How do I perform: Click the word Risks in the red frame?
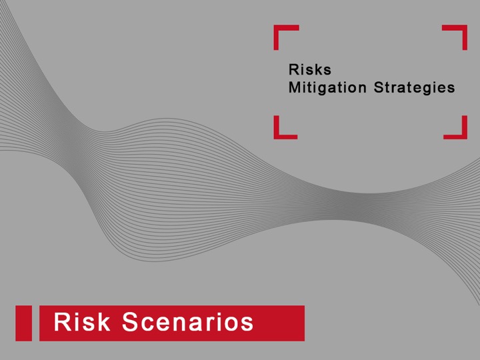point(310,69)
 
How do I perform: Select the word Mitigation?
point(327,88)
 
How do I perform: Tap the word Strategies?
point(414,88)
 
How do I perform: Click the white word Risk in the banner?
point(82,322)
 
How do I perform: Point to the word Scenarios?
point(188,322)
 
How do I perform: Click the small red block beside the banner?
point(23,323)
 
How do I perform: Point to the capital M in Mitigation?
point(295,87)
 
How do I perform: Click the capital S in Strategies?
point(379,87)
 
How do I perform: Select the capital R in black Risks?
point(293,69)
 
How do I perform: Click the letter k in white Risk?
point(104,322)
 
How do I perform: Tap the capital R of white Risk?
point(62,322)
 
